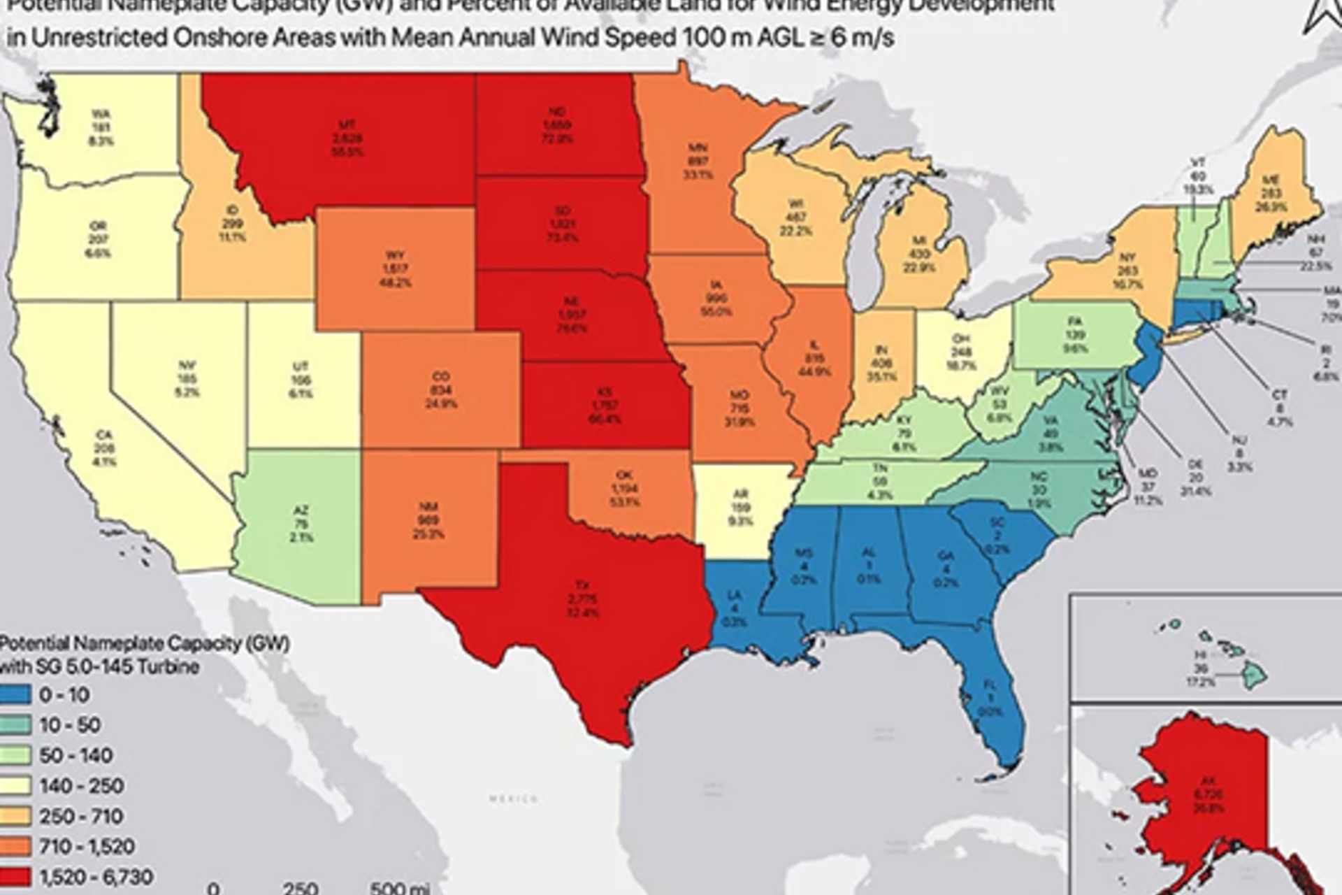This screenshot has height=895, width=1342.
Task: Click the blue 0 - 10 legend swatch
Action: click(x=15, y=694)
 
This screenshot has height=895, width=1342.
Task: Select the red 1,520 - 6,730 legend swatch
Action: click(x=15, y=876)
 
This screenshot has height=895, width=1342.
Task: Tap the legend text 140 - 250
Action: click(x=81, y=785)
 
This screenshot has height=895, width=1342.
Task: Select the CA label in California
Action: click(x=104, y=435)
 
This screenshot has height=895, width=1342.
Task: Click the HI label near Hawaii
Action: click(x=1200, y=654)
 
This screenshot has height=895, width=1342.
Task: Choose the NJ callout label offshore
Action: click(x=1239, y=440)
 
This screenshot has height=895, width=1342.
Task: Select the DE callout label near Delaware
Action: click(x=1195, y=464)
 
